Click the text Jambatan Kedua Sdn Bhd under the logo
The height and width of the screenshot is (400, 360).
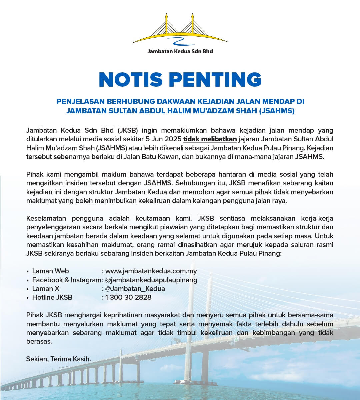click(180, 51)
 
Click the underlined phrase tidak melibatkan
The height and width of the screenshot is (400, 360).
click(210, 139)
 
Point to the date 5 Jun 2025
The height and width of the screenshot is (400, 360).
click(164, 139)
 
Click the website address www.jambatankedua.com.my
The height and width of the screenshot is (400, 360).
click(151, 271)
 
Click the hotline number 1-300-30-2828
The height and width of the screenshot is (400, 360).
click(128, 297)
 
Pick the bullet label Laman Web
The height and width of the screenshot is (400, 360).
click(50, 271)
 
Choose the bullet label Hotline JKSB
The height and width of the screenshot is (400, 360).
click(52, 297)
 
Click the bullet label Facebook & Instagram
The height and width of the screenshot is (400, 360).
click(67, 280)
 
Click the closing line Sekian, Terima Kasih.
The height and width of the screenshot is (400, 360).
click(58, 359)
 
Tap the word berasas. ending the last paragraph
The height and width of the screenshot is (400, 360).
click(39, 341)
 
